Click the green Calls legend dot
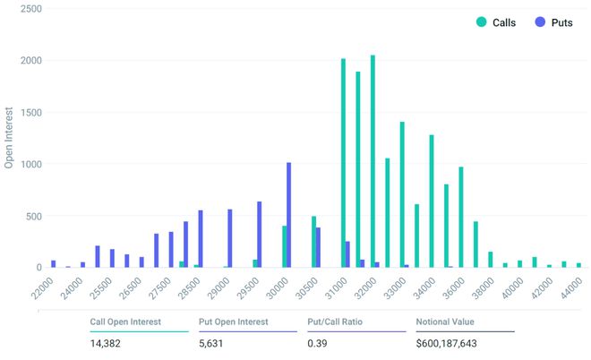[483, 22]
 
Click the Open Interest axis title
[10, 134]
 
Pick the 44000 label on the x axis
[570, 287]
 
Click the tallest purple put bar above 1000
[288, 215]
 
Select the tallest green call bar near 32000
[373, 161]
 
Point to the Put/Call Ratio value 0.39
[316, 343]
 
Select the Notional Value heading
[445, 321]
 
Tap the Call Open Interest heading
[125, 321]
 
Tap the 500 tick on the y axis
[32, 216]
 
